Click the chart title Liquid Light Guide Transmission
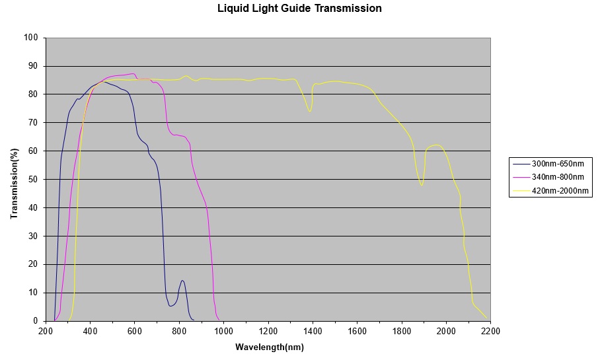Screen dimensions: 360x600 299,9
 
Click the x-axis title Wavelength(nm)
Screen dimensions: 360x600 270,347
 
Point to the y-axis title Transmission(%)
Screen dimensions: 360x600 14,179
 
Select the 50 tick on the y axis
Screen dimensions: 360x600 34,180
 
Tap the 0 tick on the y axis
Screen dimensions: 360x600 36,321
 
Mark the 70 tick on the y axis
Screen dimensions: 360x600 34,123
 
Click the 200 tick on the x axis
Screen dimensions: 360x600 46,332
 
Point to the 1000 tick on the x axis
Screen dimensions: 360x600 223,332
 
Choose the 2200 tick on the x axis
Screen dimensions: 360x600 490,332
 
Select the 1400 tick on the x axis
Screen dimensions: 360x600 313,332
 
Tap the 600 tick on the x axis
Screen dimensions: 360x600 135,332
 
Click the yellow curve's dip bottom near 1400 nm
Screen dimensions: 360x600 309,112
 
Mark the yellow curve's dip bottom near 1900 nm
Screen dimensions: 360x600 421,186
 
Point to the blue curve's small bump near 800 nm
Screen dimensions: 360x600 182,281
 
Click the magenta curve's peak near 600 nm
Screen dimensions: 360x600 133,74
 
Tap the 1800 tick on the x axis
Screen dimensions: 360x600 401,332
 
